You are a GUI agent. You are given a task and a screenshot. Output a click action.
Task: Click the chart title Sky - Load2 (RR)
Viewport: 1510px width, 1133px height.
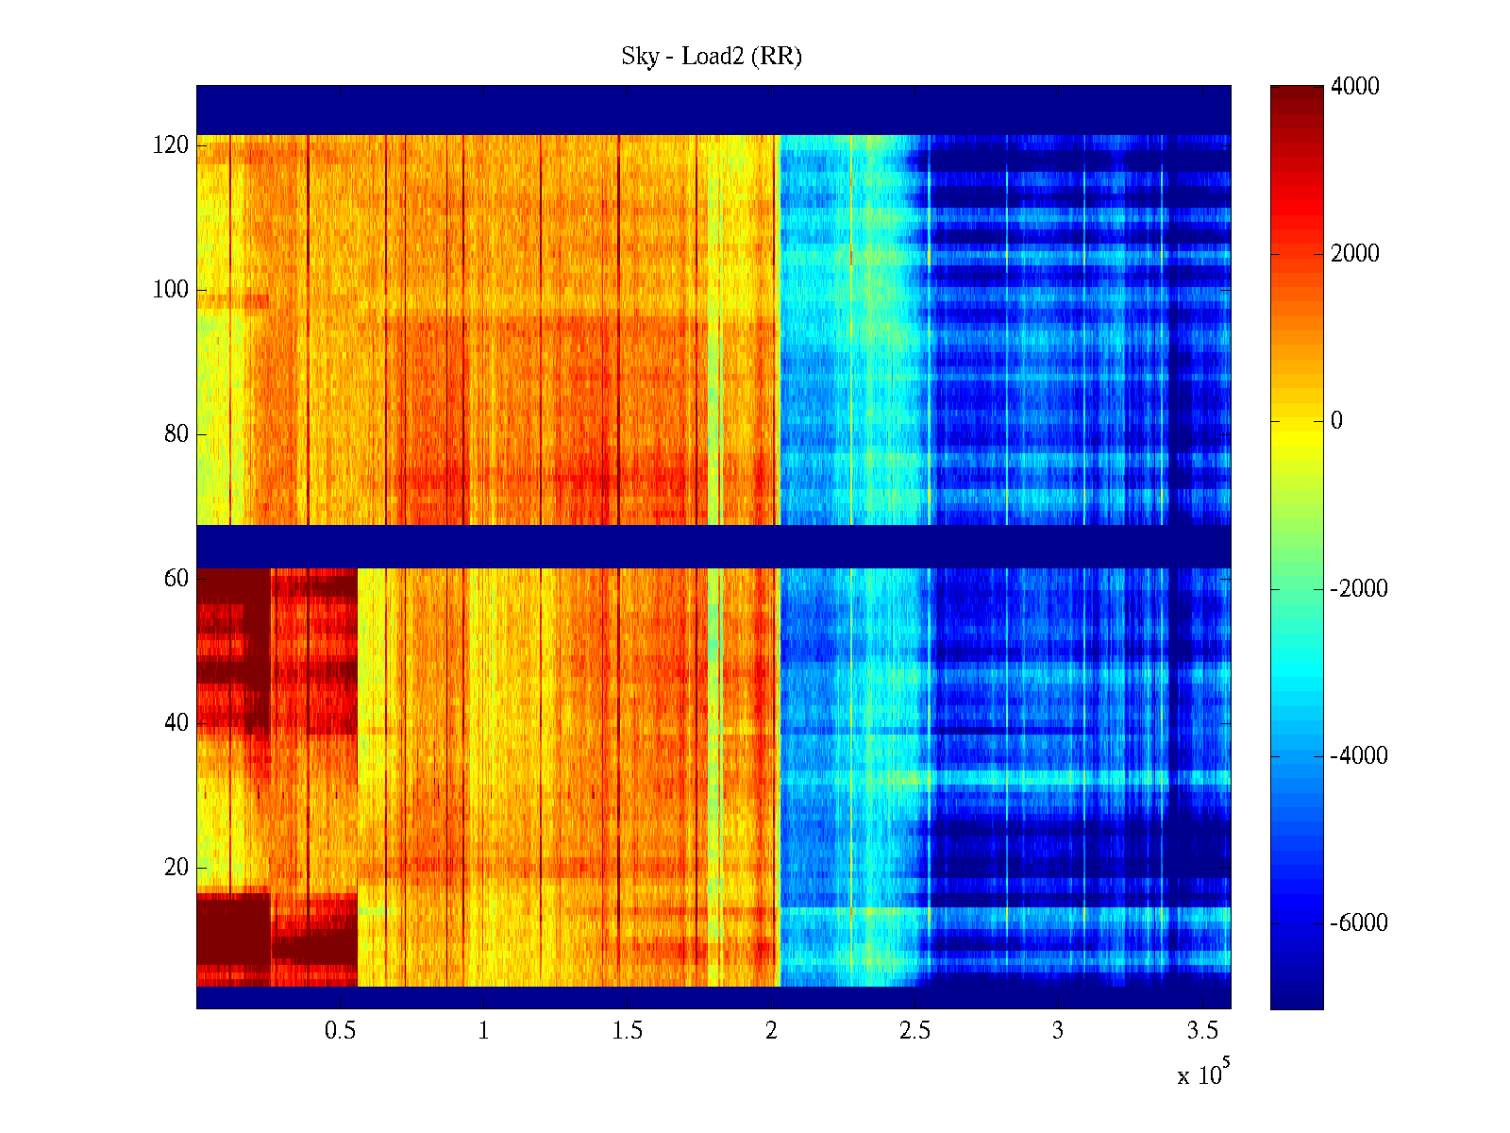(711, 57)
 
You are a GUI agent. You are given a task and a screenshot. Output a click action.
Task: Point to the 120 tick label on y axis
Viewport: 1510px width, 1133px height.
(171, 145)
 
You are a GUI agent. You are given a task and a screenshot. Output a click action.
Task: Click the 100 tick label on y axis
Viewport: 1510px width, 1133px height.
(171, 290)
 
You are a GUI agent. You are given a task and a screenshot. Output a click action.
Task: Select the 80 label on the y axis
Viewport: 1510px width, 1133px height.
(176, 434)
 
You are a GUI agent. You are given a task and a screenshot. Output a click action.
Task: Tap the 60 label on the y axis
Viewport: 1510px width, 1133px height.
(176, 578)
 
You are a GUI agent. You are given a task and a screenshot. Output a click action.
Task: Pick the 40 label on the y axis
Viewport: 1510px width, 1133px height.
(176, 723)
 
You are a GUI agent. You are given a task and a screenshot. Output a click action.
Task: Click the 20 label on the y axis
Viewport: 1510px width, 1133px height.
(176, 868)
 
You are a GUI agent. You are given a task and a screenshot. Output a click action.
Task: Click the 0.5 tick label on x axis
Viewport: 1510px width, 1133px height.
(340, 1031)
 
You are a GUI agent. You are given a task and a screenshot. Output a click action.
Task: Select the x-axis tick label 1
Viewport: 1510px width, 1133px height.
(483, 1031)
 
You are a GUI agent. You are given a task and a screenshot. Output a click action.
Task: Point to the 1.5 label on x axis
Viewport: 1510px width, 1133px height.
(627, 1031)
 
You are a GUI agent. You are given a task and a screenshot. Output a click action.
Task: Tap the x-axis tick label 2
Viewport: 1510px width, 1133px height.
(771, 1031)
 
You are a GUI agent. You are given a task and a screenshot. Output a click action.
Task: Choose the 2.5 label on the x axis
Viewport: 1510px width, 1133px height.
(914, 1031)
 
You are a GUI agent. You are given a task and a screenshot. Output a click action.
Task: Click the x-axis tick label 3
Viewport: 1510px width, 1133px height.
(1058, 1031)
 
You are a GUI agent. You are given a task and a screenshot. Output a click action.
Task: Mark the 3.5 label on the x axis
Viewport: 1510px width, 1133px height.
(1201, 1031)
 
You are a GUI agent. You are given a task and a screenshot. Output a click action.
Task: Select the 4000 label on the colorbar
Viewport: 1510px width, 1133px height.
(1354, 87)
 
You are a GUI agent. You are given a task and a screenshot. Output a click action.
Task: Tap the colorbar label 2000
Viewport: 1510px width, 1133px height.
(1354, 254)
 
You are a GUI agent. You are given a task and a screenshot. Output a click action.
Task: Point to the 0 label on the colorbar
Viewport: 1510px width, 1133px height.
(1336, 421)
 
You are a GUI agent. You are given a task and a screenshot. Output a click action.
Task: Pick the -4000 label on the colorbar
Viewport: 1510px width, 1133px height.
(1358, 756)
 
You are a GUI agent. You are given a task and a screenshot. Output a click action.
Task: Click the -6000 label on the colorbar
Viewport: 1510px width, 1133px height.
(1358, 923)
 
